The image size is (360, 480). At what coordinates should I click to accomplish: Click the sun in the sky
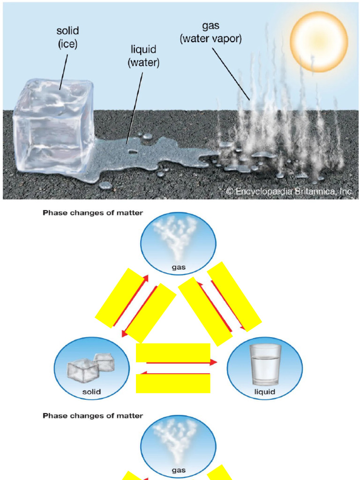(319, 41)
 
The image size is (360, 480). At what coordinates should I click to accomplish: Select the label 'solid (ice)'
(68, 37)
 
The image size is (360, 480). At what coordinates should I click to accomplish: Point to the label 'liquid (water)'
(143, 56)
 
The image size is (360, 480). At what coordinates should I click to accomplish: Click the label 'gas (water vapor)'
(211, 33)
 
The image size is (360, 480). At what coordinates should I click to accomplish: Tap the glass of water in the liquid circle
(265, 365)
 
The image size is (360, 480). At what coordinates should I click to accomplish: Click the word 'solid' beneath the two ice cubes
(91, 391)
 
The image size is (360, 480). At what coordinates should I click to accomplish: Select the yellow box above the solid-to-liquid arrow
(173, 352)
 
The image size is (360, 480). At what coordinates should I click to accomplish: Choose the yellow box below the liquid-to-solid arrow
(173, 383)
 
